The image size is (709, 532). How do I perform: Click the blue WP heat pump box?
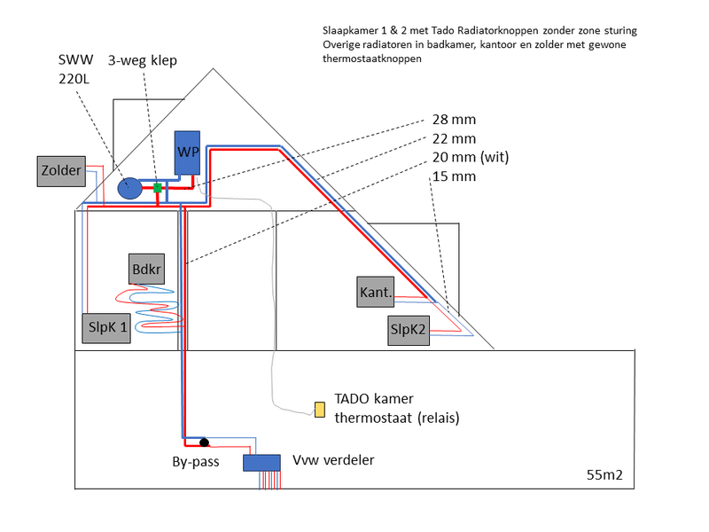point(188,153)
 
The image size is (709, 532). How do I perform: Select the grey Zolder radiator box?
point(61,171)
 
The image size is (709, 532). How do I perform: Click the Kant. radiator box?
point(376,293)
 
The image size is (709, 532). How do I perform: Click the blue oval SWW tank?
point(129,188)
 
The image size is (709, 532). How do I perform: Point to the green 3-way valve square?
point(157,188)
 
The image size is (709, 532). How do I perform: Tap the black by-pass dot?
point(204,442)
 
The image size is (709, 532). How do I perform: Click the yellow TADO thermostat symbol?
point(319,409)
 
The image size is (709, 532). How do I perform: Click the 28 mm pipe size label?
point(454,118)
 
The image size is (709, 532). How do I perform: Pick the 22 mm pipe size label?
point(454,138)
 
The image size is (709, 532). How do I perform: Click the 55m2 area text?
point(604,475)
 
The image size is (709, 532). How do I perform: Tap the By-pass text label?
point(196,462)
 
